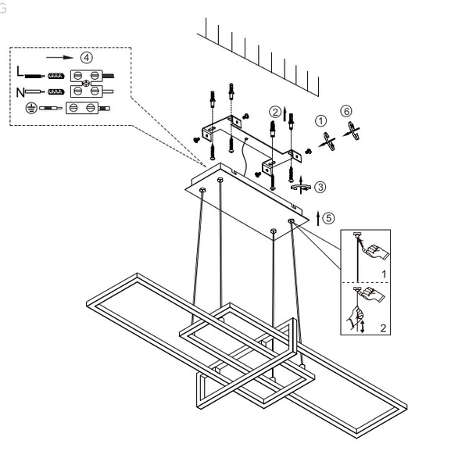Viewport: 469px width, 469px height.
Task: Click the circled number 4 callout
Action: tap(86, 58)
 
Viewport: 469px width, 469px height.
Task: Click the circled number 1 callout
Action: tap(320, 120)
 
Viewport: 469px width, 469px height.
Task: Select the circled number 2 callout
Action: tap(274, 112)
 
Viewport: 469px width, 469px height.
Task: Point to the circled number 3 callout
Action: tap(321, 187)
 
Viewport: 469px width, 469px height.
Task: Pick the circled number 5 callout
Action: tap(329, 217)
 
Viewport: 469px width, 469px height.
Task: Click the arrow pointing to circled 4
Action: tap(61, 58)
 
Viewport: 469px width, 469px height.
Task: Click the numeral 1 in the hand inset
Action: tap(384, 273)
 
